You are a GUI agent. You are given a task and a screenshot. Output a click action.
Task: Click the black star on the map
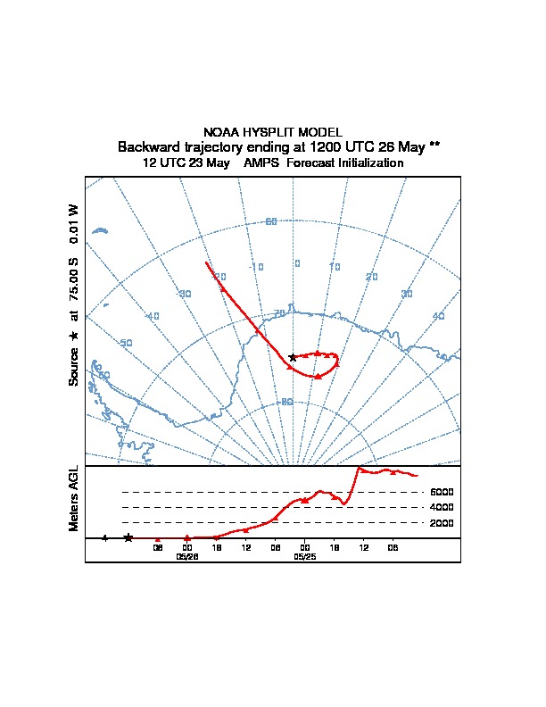293,357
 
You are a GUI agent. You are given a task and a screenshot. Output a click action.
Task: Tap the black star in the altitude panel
128,537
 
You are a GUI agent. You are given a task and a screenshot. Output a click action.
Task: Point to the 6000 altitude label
442,492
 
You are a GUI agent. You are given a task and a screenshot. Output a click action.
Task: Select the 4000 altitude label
442,507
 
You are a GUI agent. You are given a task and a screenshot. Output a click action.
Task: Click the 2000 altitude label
442,523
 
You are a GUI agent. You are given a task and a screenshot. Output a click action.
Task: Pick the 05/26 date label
186,557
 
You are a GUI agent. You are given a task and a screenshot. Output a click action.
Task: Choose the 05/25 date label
304,557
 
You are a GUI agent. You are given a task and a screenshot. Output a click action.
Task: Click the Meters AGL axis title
74,498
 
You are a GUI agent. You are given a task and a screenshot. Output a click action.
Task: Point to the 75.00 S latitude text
74,280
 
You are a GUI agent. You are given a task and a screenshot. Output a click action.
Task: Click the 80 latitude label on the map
286,402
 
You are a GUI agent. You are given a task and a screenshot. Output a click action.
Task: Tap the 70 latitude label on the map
279,313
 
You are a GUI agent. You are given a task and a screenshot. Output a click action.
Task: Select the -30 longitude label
184,294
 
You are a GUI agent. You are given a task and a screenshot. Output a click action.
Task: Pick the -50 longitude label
126,344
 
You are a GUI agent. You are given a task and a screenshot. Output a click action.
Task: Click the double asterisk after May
434,146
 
